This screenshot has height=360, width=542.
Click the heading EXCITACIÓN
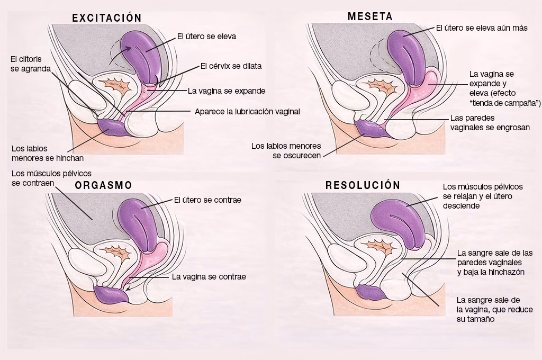point(107,18)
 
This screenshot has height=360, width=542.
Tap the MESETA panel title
point(370,16)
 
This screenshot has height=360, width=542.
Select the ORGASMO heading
point(103,185)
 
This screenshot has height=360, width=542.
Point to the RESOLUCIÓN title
point(363,185)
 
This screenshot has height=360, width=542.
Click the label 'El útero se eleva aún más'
point(482,28)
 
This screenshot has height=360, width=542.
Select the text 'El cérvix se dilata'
point(231,66)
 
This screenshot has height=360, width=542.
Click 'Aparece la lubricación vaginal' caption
point(247,112)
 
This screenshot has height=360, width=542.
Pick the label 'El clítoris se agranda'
point(31,64)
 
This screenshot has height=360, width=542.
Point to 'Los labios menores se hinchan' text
point(48,152)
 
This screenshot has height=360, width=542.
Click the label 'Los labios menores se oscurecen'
point(286,150)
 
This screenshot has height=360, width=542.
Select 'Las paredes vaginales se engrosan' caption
point(490,123)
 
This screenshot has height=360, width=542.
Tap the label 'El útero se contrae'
point(207,201)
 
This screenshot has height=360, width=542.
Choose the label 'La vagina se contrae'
point(209,276)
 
